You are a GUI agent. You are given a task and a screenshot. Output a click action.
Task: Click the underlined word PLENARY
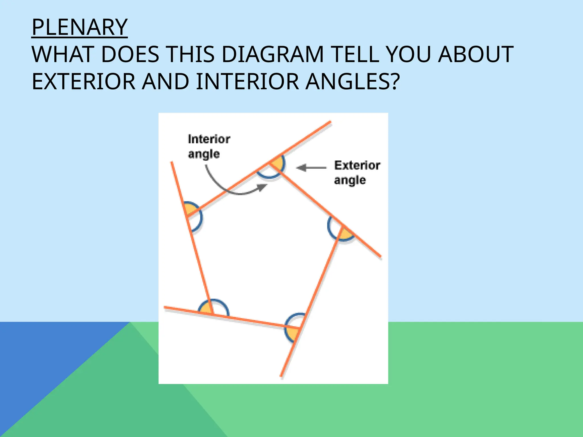pyautogui.click(x=79, y=27)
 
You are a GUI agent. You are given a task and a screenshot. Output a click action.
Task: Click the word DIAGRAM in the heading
pyautogui.click(x=272, y=55)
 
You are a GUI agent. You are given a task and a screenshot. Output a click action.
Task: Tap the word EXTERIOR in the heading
pyautogui.click(x=83, y=82)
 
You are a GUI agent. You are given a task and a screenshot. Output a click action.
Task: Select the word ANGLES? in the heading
pyautogui.click(x=353, y=82)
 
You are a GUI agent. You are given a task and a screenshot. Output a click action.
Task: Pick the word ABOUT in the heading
pyautogui.click(x=476, y=55)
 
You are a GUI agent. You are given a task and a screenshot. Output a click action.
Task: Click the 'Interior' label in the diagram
pyautogui.click(x=209, y=139)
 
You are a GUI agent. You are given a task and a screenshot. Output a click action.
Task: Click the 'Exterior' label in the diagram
pyautogui.click(x=357, y=166)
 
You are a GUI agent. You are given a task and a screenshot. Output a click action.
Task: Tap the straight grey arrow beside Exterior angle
pyautogui.click(x=311, y=168)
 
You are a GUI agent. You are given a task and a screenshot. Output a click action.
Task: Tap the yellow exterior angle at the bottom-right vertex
pyautogui.click(x=292, y=333)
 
